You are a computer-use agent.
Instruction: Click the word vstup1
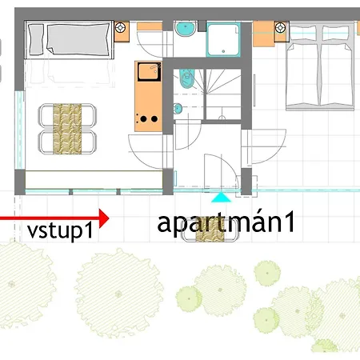(x=60, y=230)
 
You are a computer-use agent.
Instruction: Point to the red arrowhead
(x=104, y=218)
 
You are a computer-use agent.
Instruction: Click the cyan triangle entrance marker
(x=221, y=198)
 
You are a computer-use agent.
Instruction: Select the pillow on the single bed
(x=36, y=39)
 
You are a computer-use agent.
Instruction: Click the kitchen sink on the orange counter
(x=150, y=71)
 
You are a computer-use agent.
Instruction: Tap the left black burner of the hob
(x=144, y=119)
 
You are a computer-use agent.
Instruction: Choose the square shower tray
(x=223, y=40)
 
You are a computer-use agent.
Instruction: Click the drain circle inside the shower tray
(x=223, y=51)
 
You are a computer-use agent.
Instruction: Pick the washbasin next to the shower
(x=186, y=29)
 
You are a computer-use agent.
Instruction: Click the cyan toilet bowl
(x=186, y=78)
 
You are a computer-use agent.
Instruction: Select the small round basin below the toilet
(x=178, y=109)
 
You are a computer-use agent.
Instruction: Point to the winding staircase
(x=224, y=94)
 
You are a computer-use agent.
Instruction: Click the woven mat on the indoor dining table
(x=67, y=129)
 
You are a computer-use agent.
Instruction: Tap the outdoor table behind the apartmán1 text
(x=210, y=230)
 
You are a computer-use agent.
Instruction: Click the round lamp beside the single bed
(x=121, y=28)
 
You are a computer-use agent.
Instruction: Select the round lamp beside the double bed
(x=280, y=28)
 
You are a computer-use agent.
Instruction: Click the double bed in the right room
(x=320, y=66)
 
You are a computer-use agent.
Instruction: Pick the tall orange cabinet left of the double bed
(x=263, y=34)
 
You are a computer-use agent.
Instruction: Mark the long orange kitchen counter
(x=149, y=96)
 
